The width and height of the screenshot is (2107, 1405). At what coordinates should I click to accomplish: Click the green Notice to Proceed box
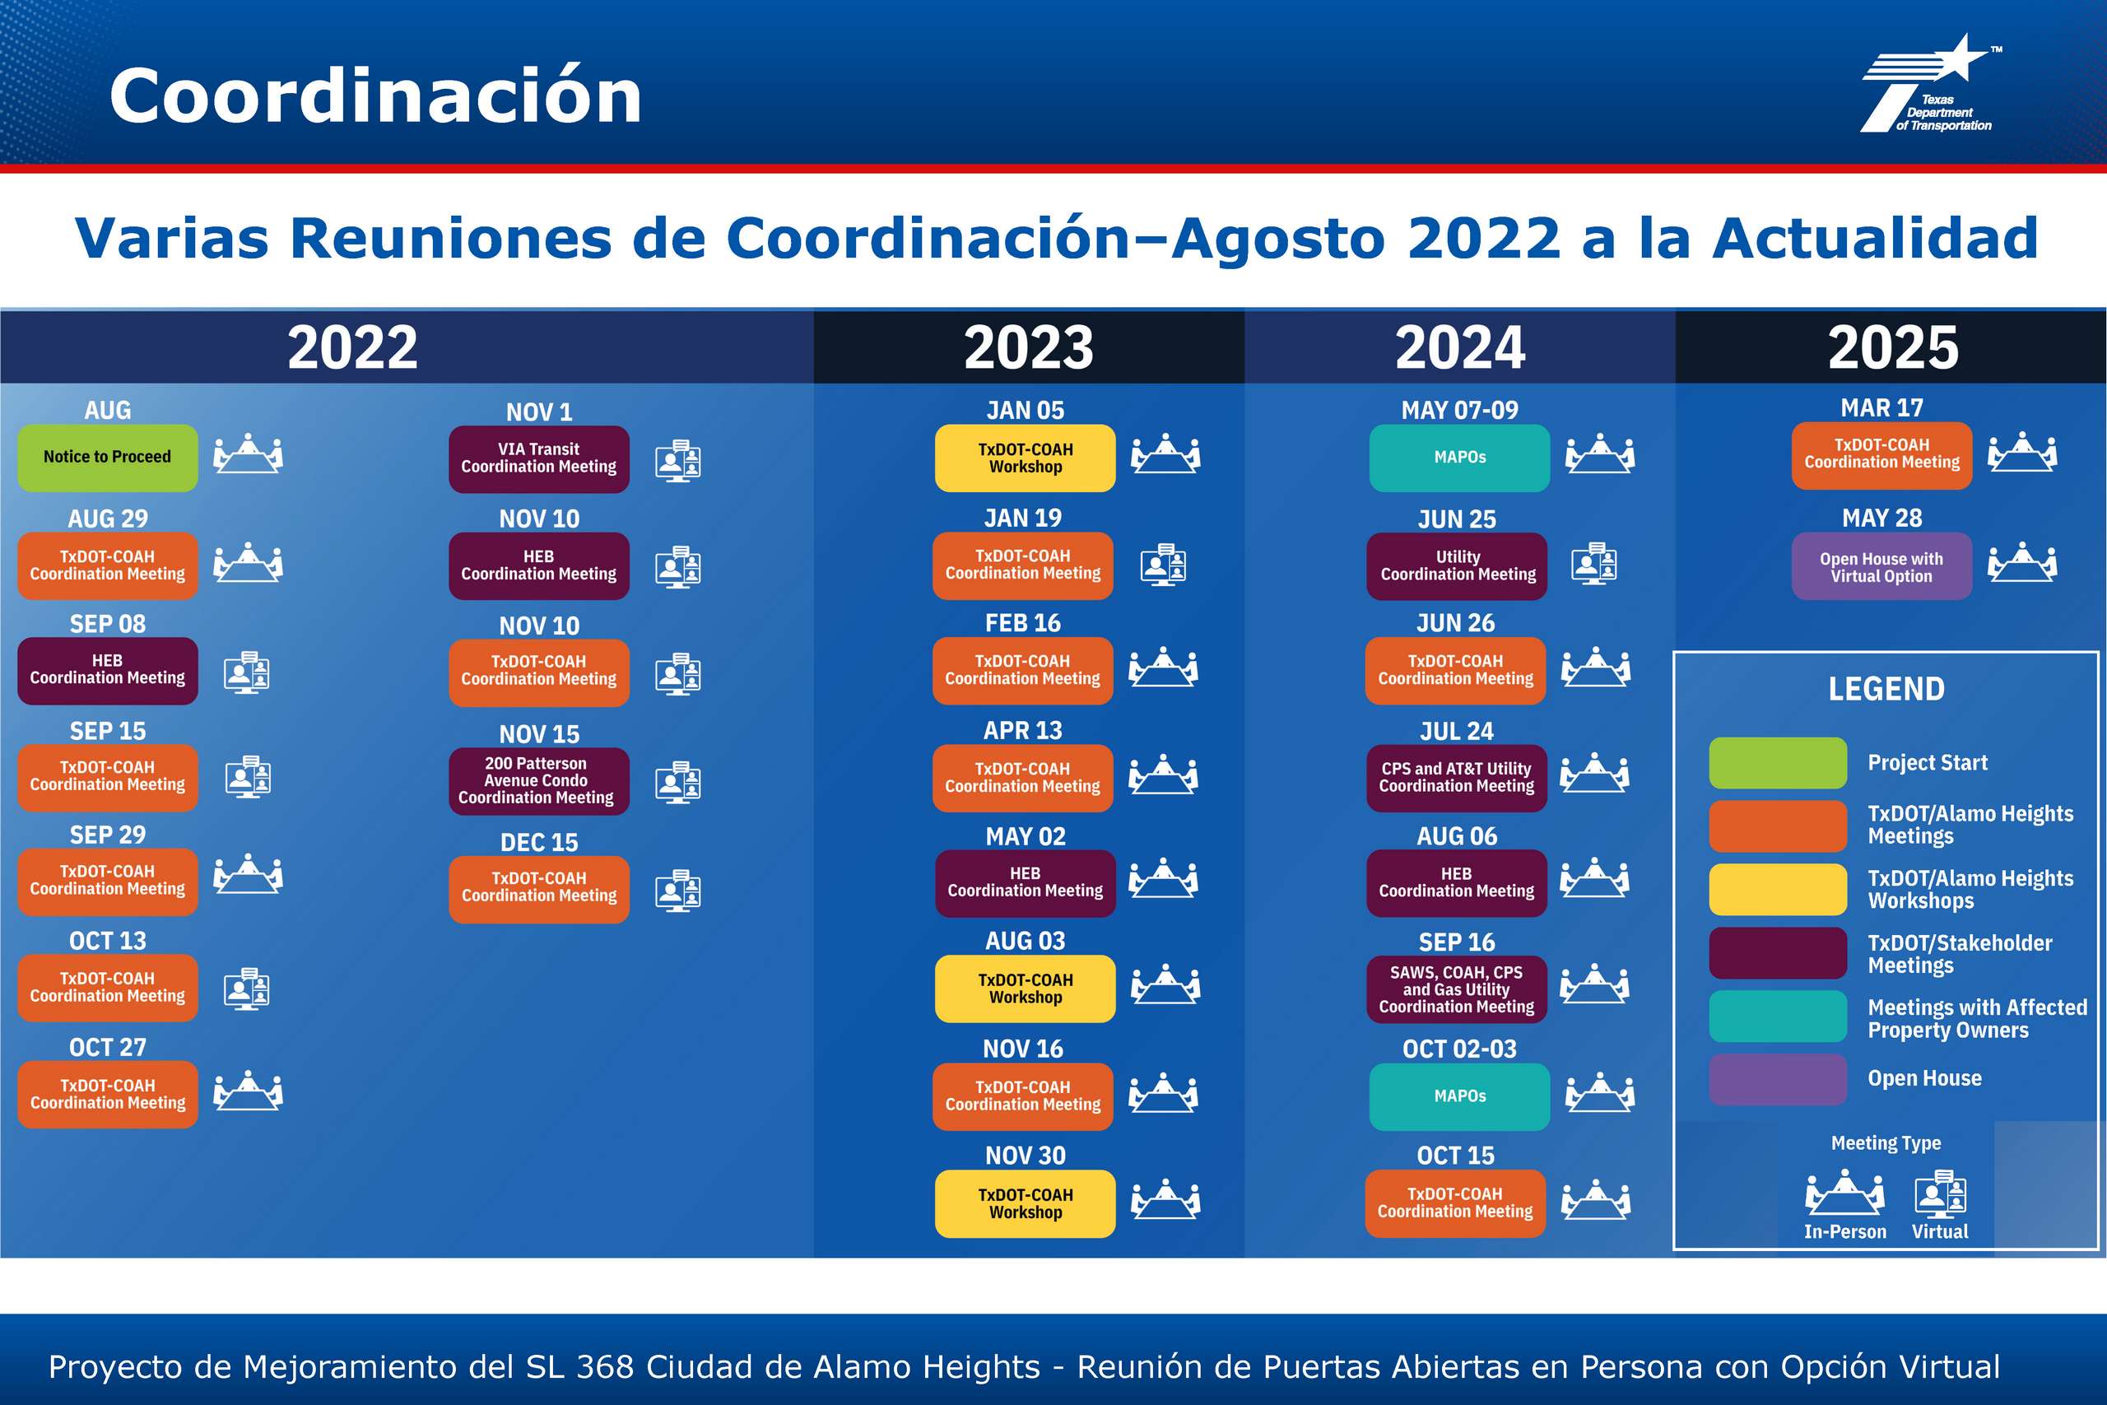coord(108,457)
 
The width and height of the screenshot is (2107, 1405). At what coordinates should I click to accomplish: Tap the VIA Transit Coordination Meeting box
coord(538,458)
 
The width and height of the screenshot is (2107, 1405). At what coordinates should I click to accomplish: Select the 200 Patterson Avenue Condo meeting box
coord(538,780)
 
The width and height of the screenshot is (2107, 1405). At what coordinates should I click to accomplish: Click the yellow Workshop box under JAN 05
coord(1025,458)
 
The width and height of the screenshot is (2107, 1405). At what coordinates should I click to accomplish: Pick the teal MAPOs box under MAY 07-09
coord(1459,458)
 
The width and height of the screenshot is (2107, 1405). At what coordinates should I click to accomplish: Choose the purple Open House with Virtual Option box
coord(1881,566)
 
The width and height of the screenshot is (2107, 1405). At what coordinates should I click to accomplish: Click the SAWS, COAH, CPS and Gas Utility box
coord(1457,989)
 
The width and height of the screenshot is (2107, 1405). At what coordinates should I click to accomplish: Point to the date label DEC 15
coord(539,842)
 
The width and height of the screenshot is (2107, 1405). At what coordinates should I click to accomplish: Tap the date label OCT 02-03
coord(1459,1049)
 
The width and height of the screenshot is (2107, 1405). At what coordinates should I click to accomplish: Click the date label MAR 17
coord(1881,407)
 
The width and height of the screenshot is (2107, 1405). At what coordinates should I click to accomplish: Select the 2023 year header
coord(1029,347)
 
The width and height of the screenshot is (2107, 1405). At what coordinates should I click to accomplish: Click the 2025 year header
coord(1893,347)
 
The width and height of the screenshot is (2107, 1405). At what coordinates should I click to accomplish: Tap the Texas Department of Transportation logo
coord(1931,84)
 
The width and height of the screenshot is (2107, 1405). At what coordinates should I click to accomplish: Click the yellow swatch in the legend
coord(1777,889)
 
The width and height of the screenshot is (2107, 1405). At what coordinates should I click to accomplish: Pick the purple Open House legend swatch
coord(1777,1079)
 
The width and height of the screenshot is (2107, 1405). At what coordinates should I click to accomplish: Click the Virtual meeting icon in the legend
coord(1941,1193)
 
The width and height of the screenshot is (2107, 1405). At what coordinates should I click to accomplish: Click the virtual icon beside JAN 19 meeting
coord(1163,565)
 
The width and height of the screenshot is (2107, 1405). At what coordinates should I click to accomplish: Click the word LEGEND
coord(1886,689)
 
